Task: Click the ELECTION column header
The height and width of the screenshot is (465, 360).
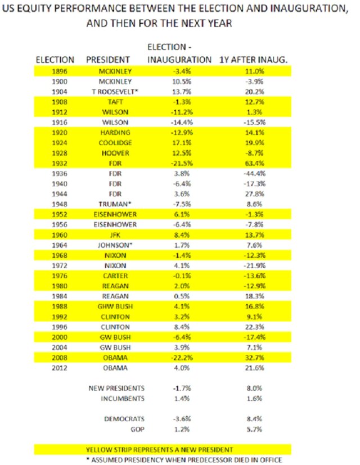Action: tap(55, 60)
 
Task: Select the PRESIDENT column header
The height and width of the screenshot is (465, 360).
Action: tap(109, 60)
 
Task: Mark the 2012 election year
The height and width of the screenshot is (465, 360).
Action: tap(54, 369)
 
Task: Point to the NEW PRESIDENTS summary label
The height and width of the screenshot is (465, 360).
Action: tap(116, 388)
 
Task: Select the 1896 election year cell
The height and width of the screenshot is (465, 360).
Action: tap(54, 71)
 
